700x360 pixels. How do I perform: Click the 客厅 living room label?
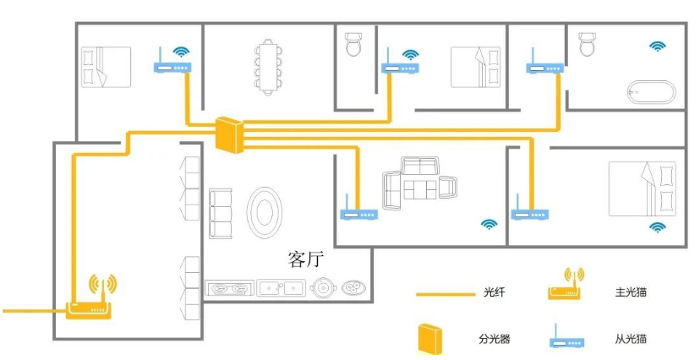tap(306, 259)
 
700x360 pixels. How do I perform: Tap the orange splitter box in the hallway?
tap(228, 134)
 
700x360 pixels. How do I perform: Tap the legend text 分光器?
tap(495, 340)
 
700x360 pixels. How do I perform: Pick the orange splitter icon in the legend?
tap(429, 338)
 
